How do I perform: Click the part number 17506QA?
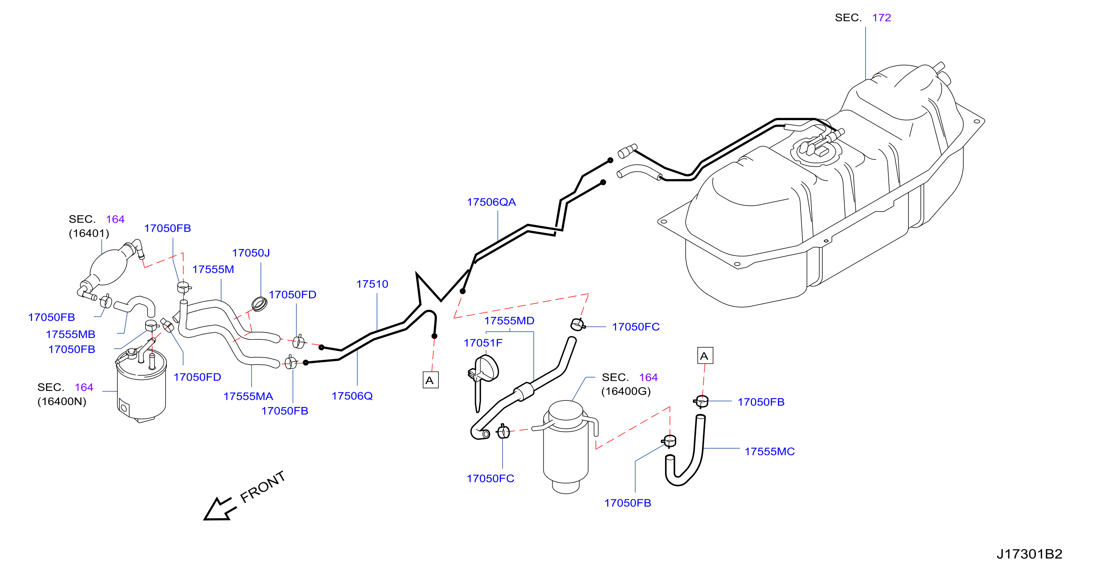(491, 202)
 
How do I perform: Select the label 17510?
(372, 284)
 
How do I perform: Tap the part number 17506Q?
(352, 396)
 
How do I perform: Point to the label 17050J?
(251, 253)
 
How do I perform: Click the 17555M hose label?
(213, 270)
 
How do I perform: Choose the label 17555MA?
(248, 396)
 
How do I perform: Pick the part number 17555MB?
(70, 334)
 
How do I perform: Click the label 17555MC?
(769, 452)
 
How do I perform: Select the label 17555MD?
(509, 321)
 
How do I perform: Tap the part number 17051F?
(483, 343)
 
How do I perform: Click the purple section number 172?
(881, 18)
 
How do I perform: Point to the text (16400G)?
(626, 392)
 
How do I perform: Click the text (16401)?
(89, 233)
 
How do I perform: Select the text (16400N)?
(62, 402)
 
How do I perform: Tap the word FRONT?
(263, 487)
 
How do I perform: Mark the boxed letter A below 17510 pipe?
(430, 380)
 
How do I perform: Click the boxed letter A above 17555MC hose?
(705, 356)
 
